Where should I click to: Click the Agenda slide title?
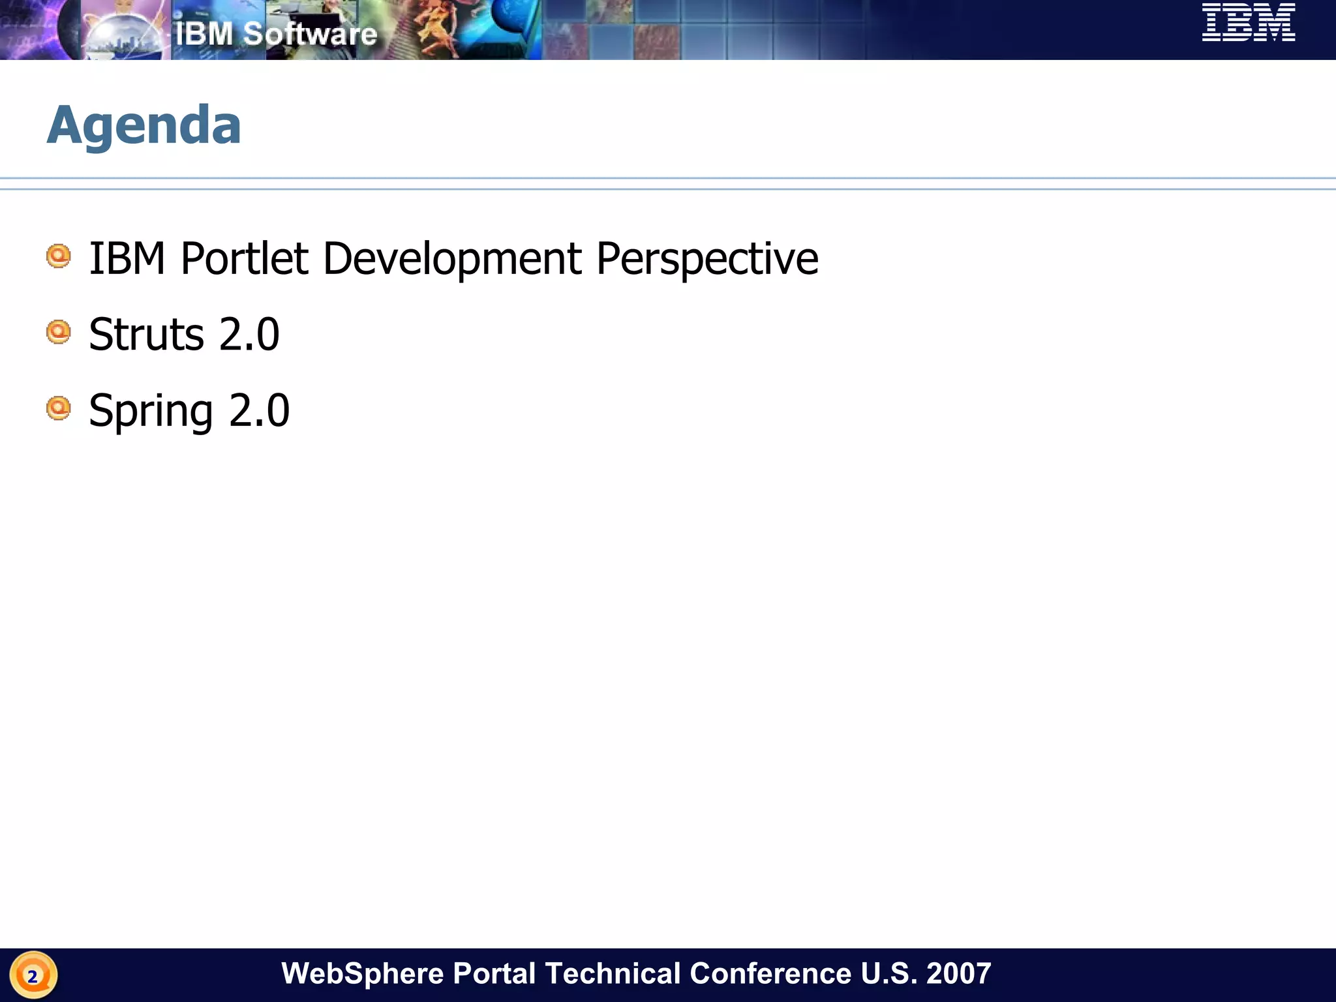tap(144, 125)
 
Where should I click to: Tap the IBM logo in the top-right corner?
tap(1248, 23)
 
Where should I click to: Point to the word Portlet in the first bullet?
tap(244, 259)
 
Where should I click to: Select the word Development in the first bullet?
tap(451, 259)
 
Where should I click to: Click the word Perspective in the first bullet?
tap(706, 259)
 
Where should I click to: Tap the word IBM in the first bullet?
tap(127, 259)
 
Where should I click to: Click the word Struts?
tap(147, 335)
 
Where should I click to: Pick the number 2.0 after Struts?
tap(249, 335)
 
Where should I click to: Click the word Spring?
tap(151, 411)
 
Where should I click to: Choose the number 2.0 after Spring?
tap(259, 411)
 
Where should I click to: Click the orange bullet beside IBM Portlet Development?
tap(59, 256)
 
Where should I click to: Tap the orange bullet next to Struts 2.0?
tap(59, 332)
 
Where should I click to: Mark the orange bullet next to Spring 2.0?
tap(59, 408)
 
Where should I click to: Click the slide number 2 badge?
tap(33, 976)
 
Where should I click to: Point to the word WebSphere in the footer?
tap(362, 973)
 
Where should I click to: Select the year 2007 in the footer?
tap(958, 973)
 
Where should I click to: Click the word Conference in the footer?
tap(770, 973)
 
